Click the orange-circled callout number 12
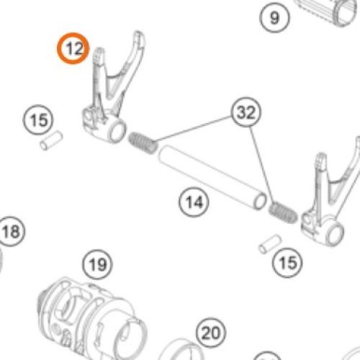point(73,48)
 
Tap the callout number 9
point(274,17)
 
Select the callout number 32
point(246,112)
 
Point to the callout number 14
point(194,202)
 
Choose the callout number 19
point(97,264)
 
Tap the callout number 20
point(211,333)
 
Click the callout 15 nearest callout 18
point(38,120)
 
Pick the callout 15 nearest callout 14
point(287,263)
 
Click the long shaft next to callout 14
point(212,177)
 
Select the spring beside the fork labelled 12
point(143,143)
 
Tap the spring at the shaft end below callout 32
point(283,212)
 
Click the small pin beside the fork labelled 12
point(51,140)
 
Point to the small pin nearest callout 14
point(270,244)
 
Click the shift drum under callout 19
point(92,319)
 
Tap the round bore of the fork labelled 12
point(117,132)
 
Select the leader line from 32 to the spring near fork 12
point(193,129)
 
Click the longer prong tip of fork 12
point(138,34)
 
